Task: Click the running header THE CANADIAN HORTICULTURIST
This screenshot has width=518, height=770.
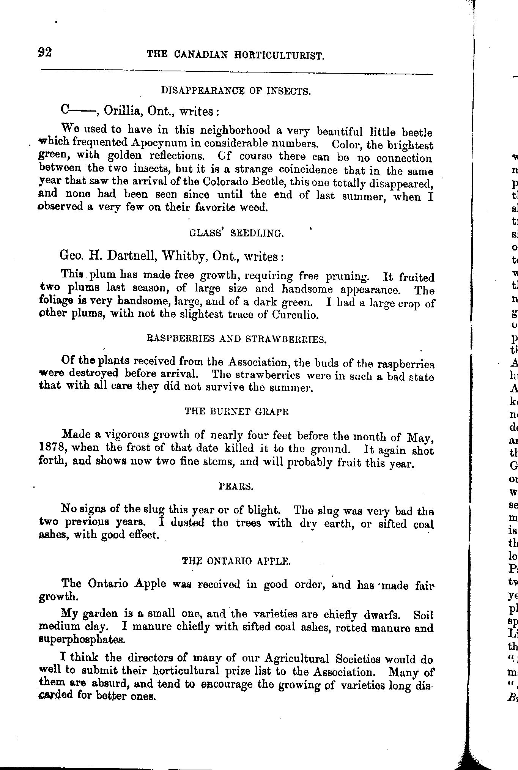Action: [x=236, y=55]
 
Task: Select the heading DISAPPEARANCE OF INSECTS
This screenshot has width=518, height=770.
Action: [x=236, y=91]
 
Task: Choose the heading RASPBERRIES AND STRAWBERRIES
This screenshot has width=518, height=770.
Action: [x=236, y=339]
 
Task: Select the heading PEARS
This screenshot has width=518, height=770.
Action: [x=236, y=486]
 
